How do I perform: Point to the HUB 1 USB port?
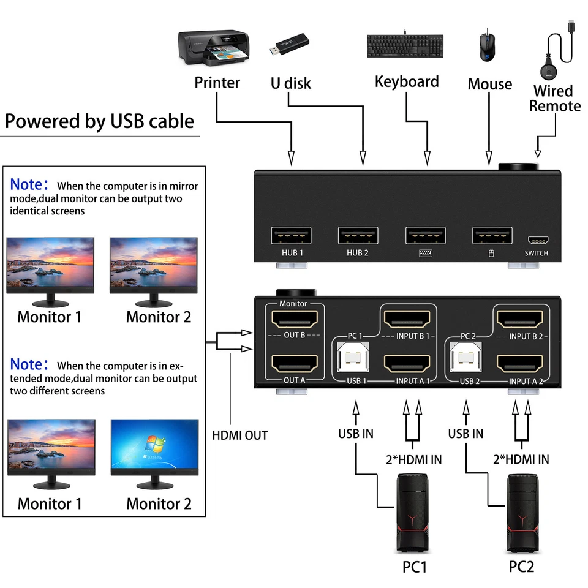(x=291, y=236)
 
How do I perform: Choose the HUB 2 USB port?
(x=358, y=236)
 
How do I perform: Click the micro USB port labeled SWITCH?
(x=536, y=241)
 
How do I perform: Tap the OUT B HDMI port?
(x=295, y=318)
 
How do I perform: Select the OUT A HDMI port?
(x=295, y=364)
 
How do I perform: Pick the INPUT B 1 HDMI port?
(x=407, y=318)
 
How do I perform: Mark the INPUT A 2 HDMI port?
(x=520, y=364)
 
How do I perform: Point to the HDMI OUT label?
(x=240, y=435)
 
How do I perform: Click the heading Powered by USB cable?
(x=99, y=121)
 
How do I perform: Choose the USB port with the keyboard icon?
(x=425, y=236)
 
